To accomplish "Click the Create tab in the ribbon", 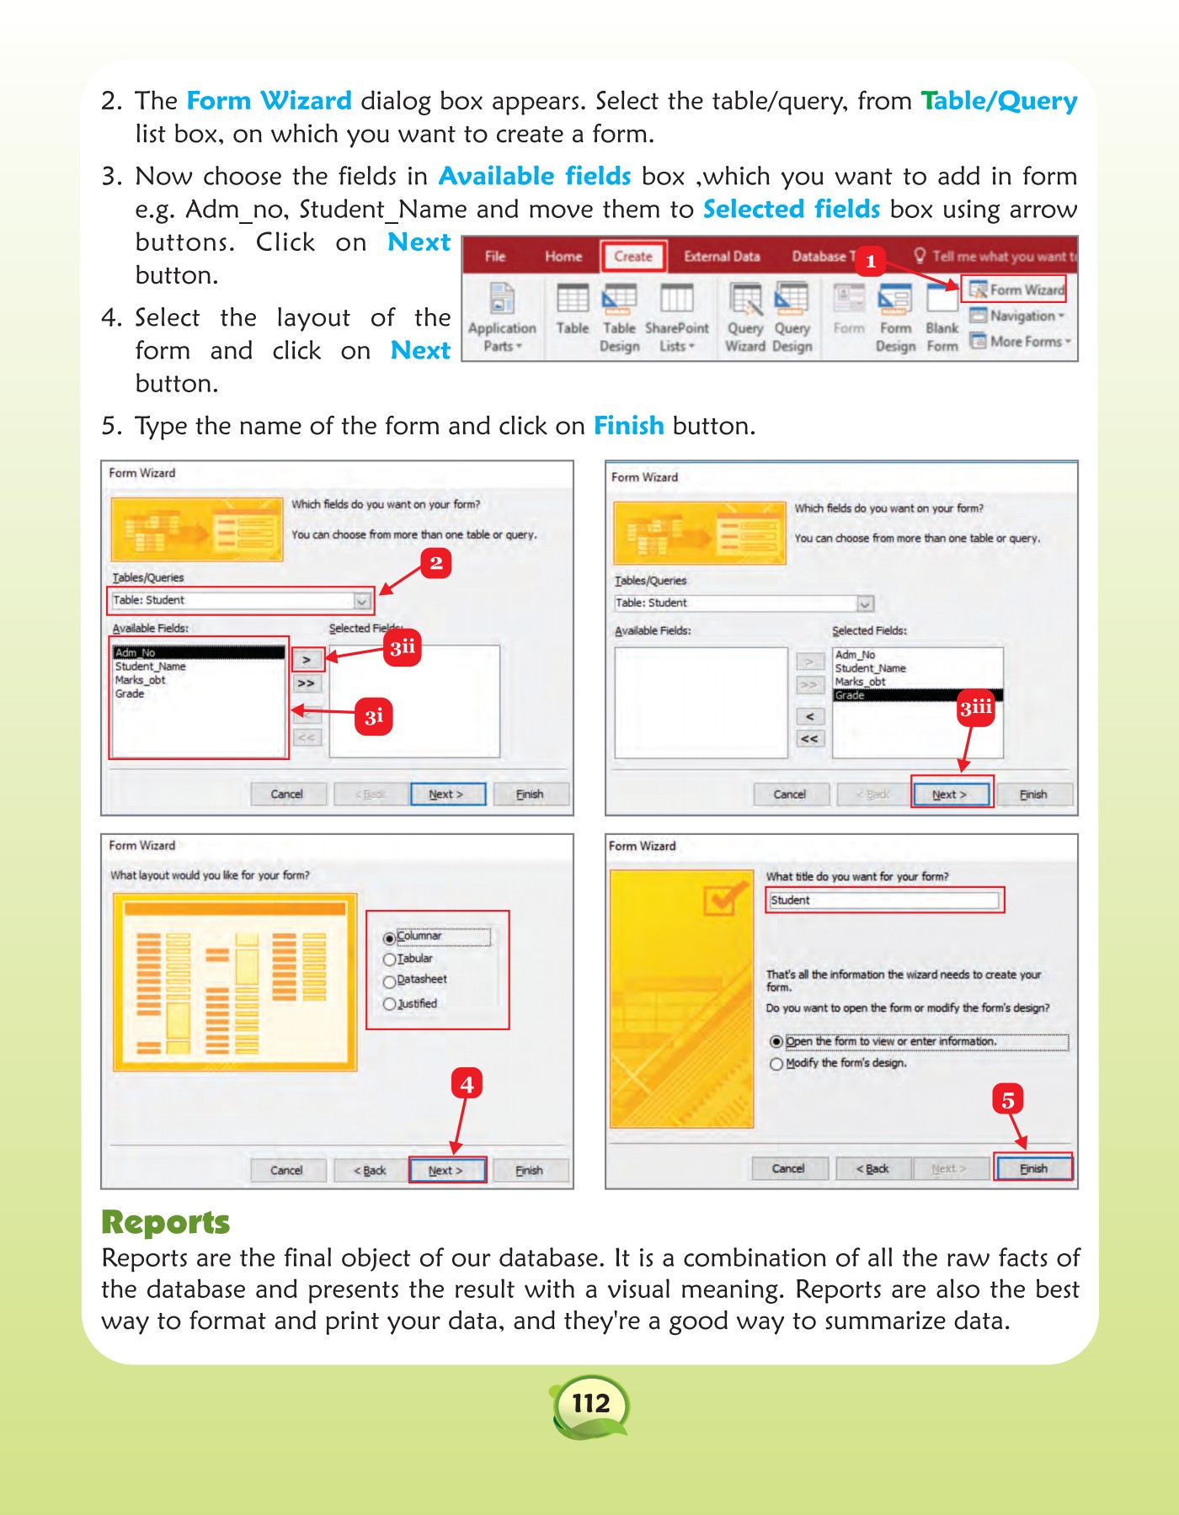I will click(x=633, y=257).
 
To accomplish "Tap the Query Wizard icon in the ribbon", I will click(x=745, y=318).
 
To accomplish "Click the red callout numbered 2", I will click(x=435, y=563).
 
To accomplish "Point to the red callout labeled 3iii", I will click(x=976, y=708).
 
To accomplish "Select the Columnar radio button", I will click(x=389, y=938).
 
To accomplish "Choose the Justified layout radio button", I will click(x=389, y=1004).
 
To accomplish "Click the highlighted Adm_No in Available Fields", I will click(x=199, y=652).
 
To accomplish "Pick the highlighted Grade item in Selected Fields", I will click(x=916, y=695).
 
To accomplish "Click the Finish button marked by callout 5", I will click(x=1033, y=1168).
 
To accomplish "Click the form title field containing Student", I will click(x=883, y=900).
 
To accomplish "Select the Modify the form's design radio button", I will click(x=776, y=1064).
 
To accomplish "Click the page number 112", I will click(x=590, y=1403).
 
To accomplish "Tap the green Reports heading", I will click(x=165, y=1222).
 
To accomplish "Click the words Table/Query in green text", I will click(x=999, y=101).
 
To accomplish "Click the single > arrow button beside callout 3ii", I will click(x=307, y=660).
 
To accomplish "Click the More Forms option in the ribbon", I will click(x=1020, y=342).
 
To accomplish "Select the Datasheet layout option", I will click(x=389, y=981).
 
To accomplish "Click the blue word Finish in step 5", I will click(x=628, y=426).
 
